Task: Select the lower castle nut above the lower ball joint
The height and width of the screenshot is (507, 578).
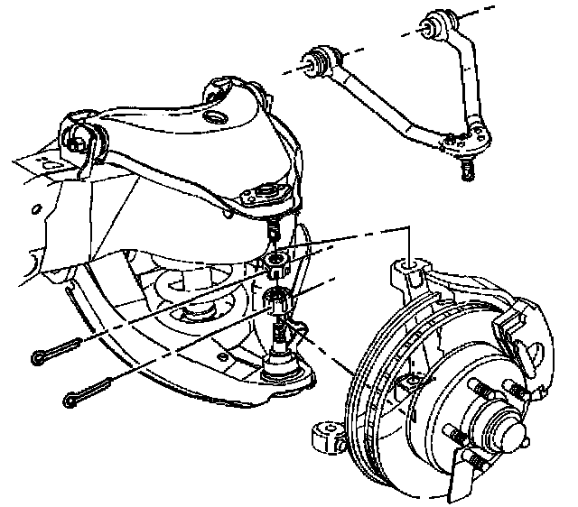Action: pos(280,303)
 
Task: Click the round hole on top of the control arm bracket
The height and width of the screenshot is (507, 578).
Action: pos(214,118)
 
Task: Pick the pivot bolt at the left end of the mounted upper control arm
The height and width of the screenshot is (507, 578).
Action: pos(79,139)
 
